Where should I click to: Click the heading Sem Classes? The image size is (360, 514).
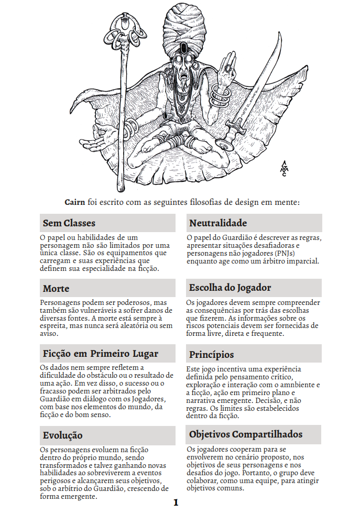click(69, 223)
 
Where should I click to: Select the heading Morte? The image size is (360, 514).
click(56, 289)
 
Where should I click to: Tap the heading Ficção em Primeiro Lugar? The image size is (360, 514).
click(101, 353)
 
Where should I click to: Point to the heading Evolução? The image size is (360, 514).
click(63, 435)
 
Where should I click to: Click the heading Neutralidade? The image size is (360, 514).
click(218, 223)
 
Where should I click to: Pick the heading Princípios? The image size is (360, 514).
click(212, 354)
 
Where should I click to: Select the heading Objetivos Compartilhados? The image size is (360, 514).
click(246, 434)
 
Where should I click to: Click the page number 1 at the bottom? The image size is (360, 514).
click(176, 502)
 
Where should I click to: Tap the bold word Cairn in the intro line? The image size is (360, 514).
click(75, 202)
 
